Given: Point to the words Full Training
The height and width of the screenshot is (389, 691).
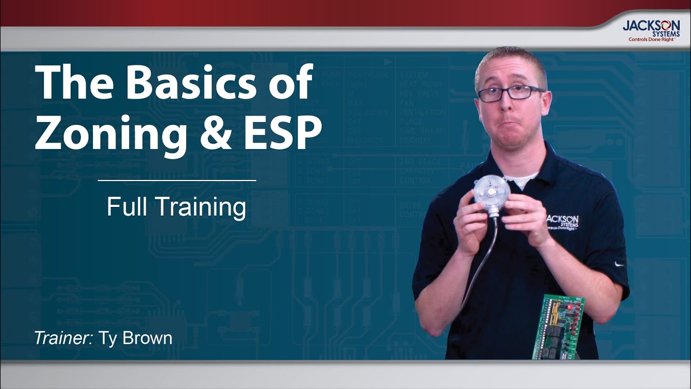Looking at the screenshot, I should (177, 207).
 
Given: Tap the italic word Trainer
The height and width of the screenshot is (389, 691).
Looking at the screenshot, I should (64, 338).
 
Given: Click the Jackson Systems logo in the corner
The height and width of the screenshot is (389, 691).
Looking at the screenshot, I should (651, 29).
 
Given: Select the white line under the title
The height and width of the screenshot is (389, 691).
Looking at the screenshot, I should (177, 180).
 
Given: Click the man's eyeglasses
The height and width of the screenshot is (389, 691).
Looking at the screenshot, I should (510, 93).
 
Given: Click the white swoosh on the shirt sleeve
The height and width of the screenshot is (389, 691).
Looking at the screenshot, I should (619, 264).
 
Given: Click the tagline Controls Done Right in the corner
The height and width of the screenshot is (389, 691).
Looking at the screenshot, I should (651, 39).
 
